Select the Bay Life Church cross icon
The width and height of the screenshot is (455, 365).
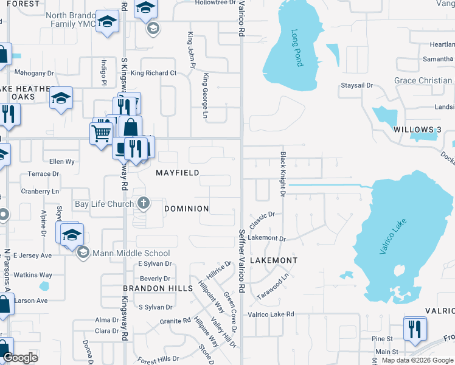144,203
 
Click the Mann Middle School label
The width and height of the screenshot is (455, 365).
131,253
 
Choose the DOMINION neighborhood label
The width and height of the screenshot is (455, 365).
187,209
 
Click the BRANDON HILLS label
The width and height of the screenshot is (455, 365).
158,288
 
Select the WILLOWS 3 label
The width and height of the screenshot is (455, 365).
417,130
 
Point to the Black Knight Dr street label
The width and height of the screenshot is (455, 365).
283,174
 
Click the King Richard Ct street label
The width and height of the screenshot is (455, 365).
153,73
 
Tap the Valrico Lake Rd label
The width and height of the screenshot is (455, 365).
270,315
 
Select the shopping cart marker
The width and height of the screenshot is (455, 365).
100,132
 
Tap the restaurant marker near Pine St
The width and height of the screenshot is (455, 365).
415,330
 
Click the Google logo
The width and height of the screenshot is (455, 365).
20,358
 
